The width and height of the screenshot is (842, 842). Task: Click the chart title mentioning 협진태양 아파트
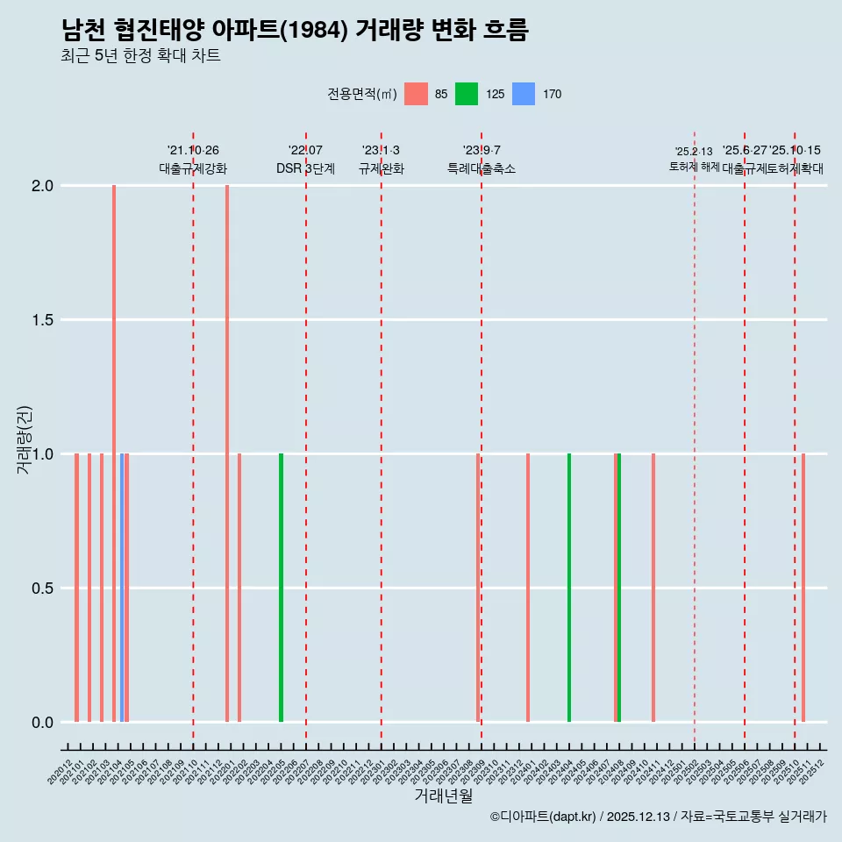tap(295, 31)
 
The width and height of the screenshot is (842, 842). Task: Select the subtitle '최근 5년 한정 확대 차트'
tap(140, 56)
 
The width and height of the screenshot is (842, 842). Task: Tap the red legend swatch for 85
tap(416, 94)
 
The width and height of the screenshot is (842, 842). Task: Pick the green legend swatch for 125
tap(467, 94)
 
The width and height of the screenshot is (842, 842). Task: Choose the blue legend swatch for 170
tap(524, 94)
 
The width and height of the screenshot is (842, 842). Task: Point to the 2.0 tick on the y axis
tap(43, 186)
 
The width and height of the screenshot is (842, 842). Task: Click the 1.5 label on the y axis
tap(43, 320)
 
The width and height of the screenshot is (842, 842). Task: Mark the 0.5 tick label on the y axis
tap(43, 589)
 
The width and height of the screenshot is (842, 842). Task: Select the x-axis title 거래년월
tap(443, 796)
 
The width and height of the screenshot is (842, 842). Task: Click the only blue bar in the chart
tap(122, 588)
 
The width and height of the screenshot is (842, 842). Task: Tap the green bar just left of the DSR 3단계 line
tap(281, 588)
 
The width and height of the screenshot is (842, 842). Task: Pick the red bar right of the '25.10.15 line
tap(803, 588)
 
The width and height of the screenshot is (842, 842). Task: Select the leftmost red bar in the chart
tap(77, 588)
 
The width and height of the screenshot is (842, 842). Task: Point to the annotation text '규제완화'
tap(381, 168)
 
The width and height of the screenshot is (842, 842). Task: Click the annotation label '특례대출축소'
tap(481, 168)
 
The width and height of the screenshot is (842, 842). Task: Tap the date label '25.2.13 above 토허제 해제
tap(694, 152)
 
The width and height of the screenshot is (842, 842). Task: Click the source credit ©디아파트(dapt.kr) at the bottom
tap(543, 817)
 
